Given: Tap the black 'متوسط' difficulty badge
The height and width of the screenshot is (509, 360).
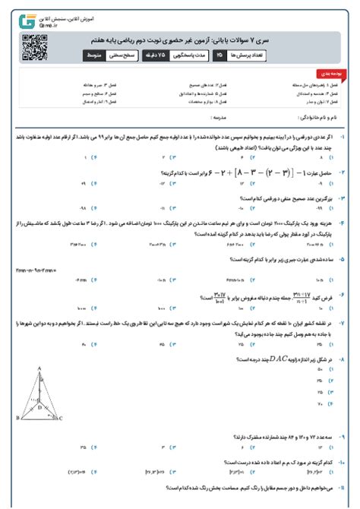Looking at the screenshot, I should tap(96, 55).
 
